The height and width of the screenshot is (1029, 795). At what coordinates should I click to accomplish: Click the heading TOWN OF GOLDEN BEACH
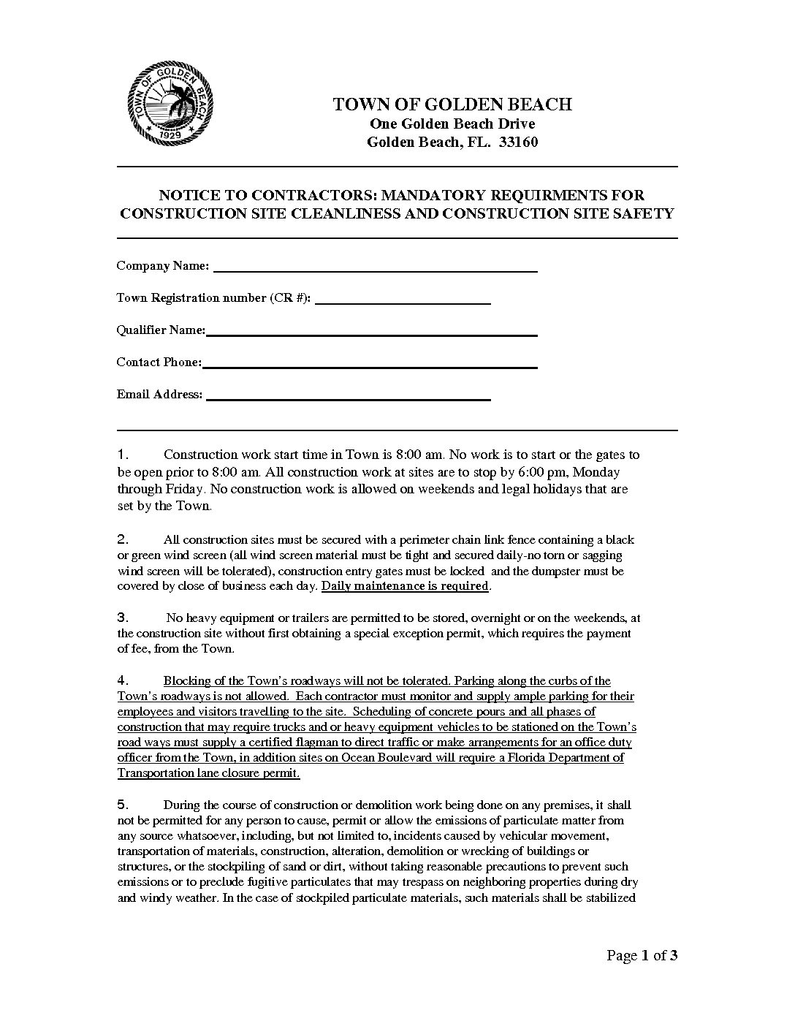coord(452,105)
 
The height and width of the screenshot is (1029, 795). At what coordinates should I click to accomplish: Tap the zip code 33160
coord(518,143)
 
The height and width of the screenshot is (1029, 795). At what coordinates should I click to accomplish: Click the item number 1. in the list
coord(123,455)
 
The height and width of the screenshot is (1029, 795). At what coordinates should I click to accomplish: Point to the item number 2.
coord(123,540)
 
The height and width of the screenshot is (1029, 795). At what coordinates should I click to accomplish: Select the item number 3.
coord(123,618)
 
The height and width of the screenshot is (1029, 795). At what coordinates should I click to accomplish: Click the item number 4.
coord(123,681)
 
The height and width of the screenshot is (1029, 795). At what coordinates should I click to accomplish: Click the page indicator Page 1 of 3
coord(642,955)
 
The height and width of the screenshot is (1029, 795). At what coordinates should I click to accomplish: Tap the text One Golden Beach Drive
coord(452,124)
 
